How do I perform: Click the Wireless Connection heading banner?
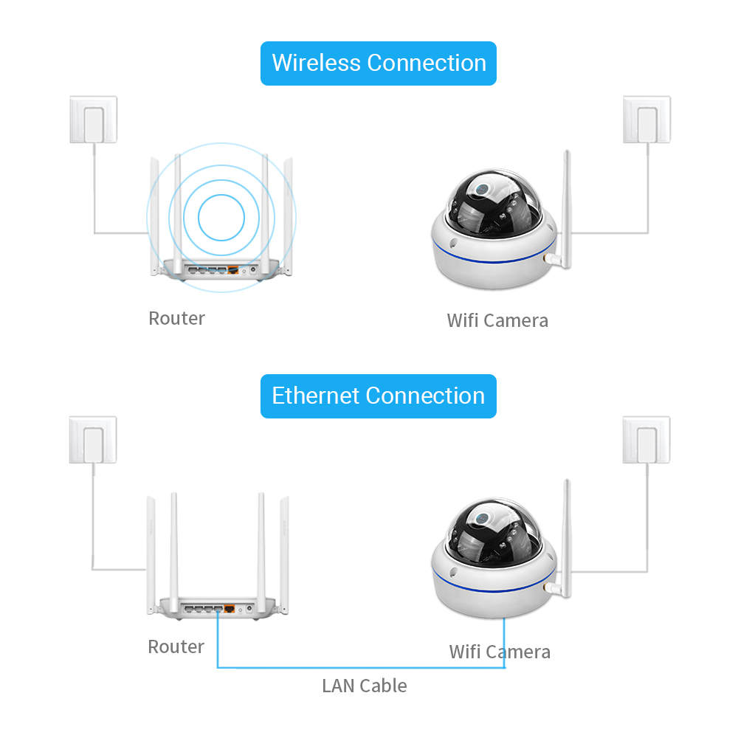coord(379,63)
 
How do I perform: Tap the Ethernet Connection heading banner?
coord(379,396)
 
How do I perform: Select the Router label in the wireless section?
coord(176,319)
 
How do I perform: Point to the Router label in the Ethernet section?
coord(176,647)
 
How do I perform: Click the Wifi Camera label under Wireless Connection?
coord(497,320)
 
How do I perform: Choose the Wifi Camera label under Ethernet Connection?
coord(500,652)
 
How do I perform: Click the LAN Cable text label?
coord(365,686)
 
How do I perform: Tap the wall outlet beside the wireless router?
coord(93,120)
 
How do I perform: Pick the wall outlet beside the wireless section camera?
coord(646,120)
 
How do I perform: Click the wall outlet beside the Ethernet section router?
coord(93,440)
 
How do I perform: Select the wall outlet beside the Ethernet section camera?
coord(646,440)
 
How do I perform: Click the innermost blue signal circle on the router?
coord(221,218)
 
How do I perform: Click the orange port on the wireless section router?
coord(232,270)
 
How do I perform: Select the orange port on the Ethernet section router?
coord(230,610)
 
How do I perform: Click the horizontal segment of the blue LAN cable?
coord(362,668)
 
